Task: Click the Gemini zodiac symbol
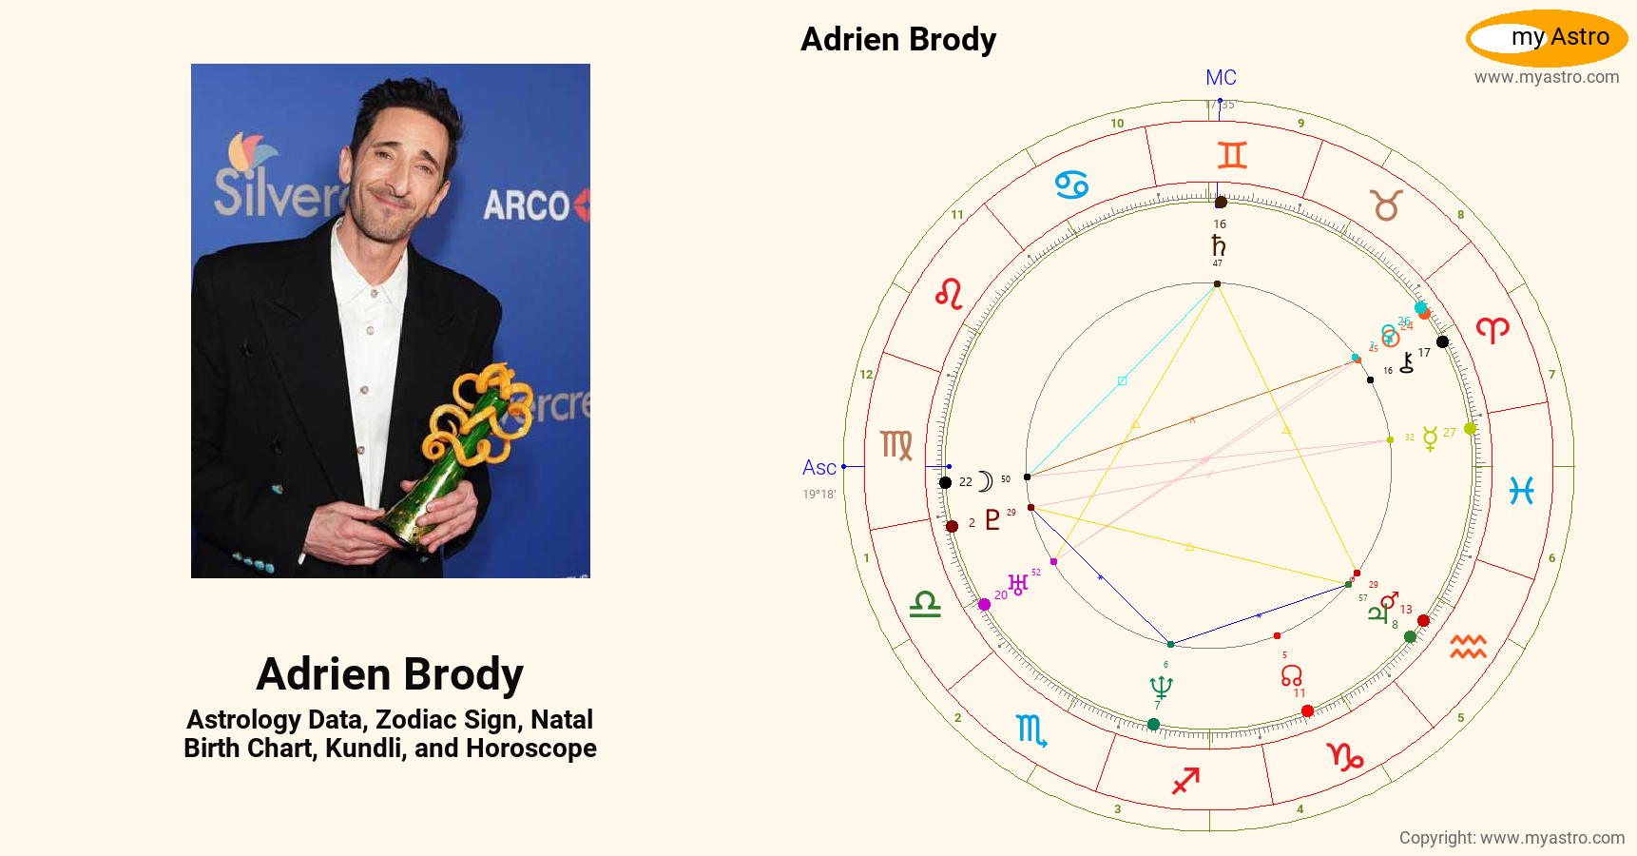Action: click(x=1231, y=154)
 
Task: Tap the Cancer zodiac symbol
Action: click(x=1071, y=185)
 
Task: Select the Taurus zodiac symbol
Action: click(x=1386, y=204)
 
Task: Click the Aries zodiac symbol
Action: click(x=1493, y=330)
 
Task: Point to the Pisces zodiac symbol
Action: click(x=1521, y=490)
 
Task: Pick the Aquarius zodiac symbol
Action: click(x=1468, y=647)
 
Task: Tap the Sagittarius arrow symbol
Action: click(x=1185, y=780)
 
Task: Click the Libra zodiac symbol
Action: click(x=925, y=604)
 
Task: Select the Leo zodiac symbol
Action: click(x=949, y=294)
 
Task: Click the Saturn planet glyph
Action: click(x=1218, y=244)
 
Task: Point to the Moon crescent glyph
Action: click(x=985, y=481)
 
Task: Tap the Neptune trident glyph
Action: click(x=1161, y=687)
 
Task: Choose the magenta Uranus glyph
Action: click(x=1018, y=584)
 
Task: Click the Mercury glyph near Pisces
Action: click(x=1429, y=438)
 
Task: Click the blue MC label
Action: click(x=1221, y=78)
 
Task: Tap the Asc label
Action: click(x=818, y=467)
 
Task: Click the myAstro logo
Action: click(x=1547, y=38)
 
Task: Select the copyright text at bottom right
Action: click(x=1512, y=838)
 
